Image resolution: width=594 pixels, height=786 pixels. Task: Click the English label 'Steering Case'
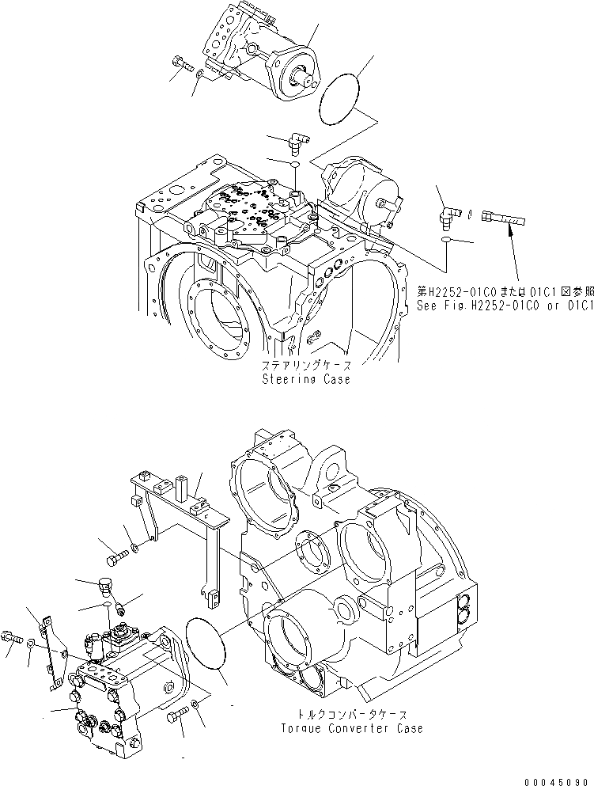click(x=306, y=379)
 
